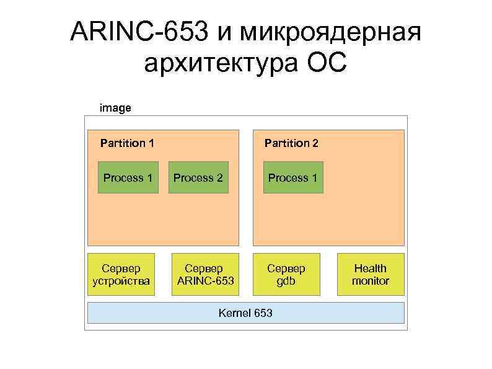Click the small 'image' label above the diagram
click(115, 108)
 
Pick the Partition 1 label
click(128, 143)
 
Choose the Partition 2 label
click(291, 143)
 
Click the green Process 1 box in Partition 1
click(128, 178)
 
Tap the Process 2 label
click(198, 178)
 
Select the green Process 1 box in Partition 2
click(293, 178)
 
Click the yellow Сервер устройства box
click(121, 274)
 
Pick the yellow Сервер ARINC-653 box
click(205, 274)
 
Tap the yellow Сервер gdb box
click(286, 274)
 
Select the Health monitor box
click(371, 274)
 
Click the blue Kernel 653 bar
click(245, 313)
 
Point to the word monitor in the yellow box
click(371, 281)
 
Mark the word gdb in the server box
click(286, 281)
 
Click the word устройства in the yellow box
click(121, 281)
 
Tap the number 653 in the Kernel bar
click(262, 313)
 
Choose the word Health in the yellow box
click(371, 268)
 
